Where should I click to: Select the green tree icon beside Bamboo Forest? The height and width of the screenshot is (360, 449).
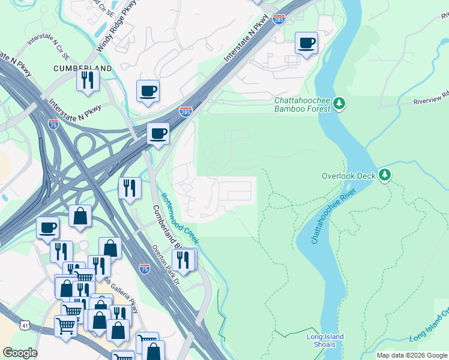(340, 104)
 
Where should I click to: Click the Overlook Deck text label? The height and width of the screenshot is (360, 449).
(348, 176)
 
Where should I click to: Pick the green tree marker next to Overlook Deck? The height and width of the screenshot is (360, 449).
(385, 176)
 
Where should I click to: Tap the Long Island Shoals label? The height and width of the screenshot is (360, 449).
(325, 341)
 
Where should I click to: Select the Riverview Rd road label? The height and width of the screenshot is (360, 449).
(432, 99)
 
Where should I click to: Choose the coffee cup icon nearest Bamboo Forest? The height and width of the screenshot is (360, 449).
(306, 43)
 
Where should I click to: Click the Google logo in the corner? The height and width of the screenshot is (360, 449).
(20, 353)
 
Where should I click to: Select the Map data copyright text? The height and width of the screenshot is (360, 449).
(412, 355)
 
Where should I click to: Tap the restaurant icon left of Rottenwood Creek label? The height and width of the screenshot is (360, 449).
(129, 188)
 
